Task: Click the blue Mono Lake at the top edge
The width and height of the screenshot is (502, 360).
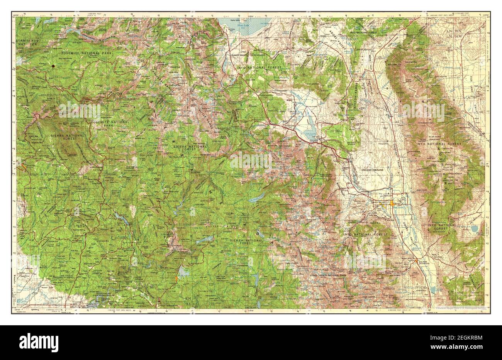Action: (x=237, y=25)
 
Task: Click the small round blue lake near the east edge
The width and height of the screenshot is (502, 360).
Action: (x=474, y=228)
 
